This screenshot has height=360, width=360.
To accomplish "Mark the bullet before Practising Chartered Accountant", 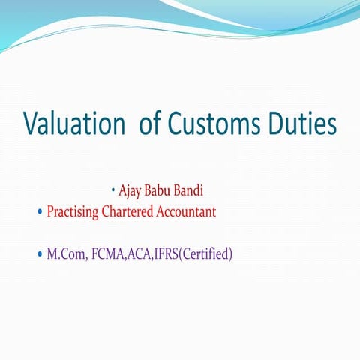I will [x=40, y=213].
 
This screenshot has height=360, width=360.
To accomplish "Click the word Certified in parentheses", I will [x=213, y=254].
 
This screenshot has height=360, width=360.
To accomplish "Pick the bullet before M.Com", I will [x=40, y=255].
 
